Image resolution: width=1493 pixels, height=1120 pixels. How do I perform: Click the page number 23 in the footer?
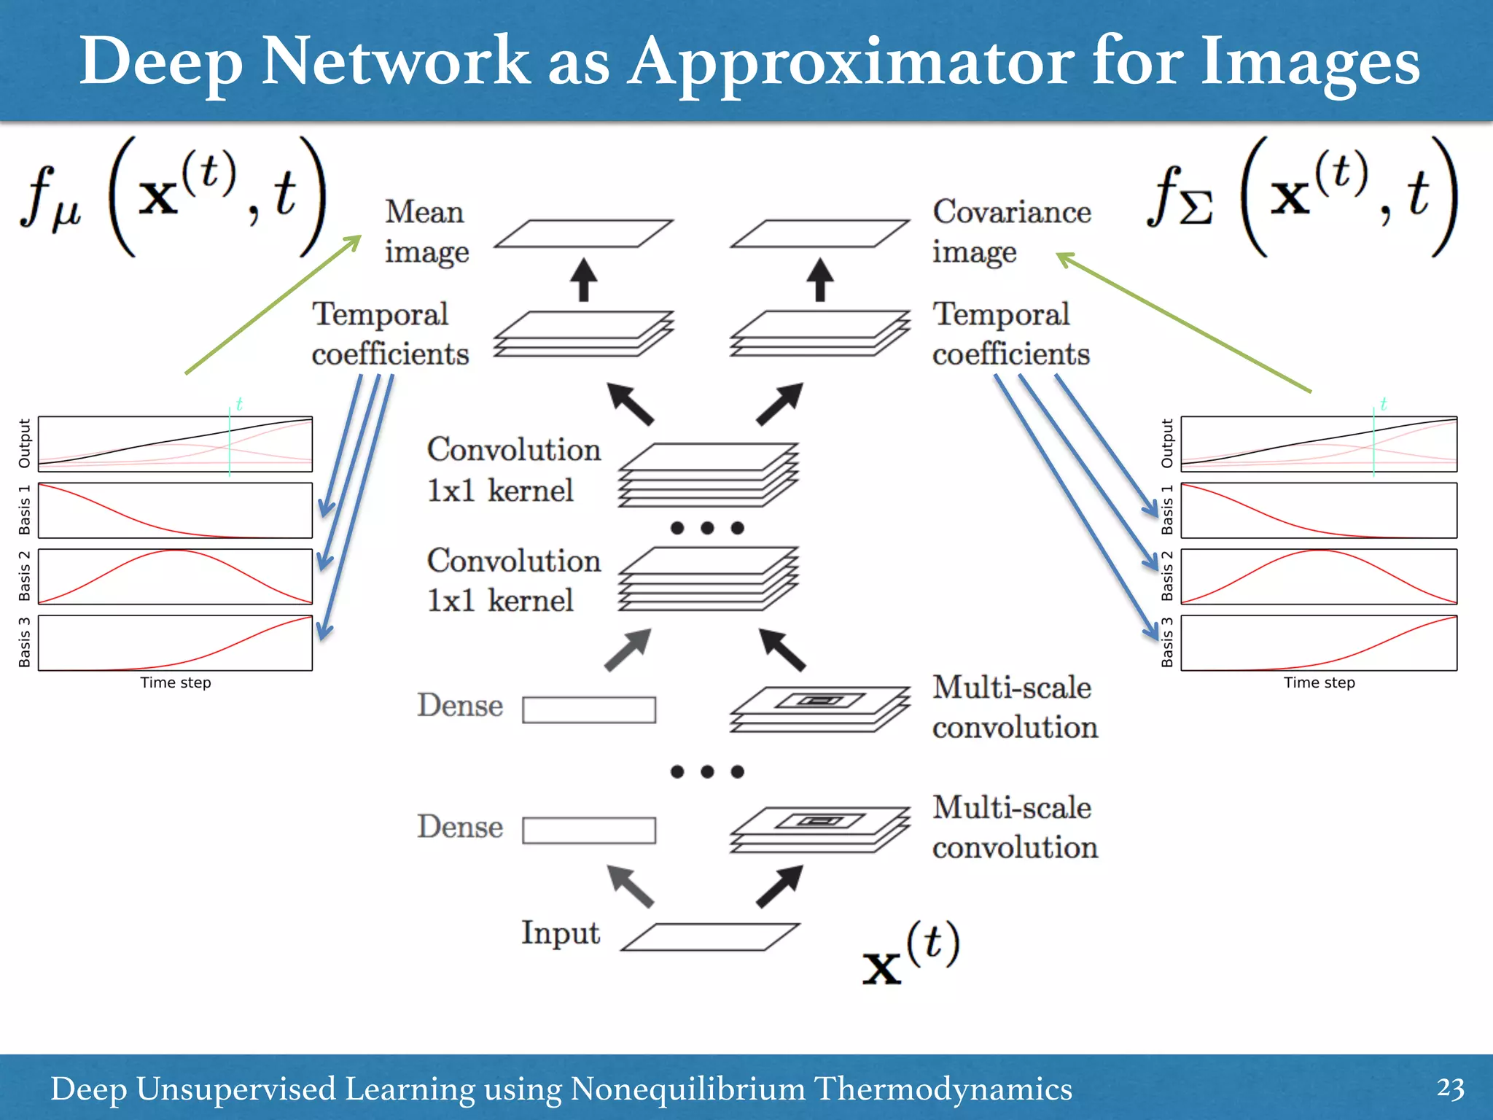(1450, 1089)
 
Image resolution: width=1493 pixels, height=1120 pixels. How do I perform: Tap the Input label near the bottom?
(560, 934)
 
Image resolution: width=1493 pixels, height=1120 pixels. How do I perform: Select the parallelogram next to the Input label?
(711, 937)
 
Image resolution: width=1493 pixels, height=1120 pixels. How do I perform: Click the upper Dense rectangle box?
(589, 709)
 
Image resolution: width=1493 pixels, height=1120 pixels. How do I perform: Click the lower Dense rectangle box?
(589, 830)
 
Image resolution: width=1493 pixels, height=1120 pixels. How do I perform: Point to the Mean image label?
(426, 232)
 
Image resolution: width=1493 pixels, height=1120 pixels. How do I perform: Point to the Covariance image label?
(1011, 232)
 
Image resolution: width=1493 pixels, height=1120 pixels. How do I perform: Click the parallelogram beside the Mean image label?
(583, 234)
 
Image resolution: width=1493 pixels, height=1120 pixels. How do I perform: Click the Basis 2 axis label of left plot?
(24, 576)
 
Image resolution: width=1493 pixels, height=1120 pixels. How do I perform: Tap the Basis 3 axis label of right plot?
(1167, 642)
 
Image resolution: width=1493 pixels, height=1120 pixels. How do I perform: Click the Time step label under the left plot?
(176, 683)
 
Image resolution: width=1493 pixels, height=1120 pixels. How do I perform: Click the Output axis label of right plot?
(1167, 443)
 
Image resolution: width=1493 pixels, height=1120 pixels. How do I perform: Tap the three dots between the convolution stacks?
(707, 528)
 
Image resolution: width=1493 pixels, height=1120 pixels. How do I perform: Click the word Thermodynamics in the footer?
(943, 1089)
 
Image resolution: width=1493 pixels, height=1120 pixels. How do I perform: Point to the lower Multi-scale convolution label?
(1015, 828)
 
